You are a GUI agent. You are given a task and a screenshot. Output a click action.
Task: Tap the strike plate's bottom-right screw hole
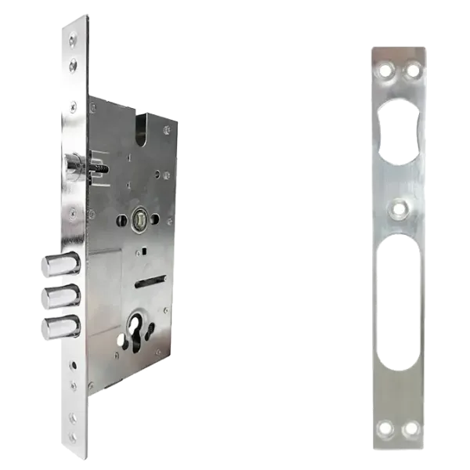pos(409,429)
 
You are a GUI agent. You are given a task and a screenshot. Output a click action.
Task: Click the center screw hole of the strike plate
pos(399,209)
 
